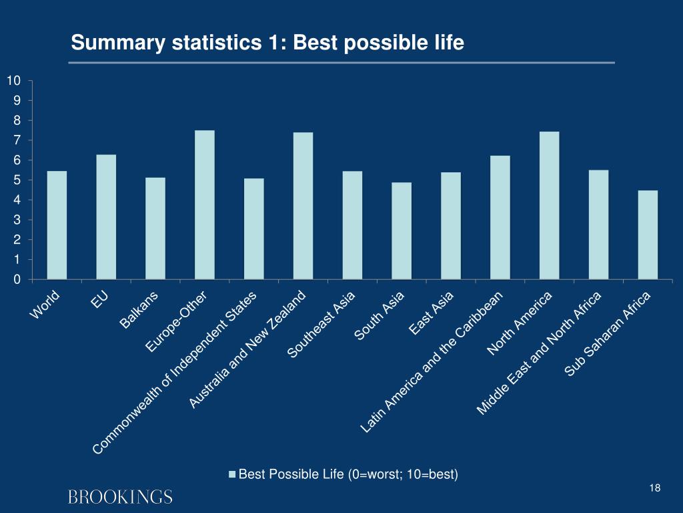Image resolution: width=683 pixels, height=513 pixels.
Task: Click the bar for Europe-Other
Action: [x=204, y=205]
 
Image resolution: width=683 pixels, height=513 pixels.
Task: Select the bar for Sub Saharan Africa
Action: [x=648, y=235]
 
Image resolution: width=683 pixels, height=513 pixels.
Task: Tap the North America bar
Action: [x=549, y=206]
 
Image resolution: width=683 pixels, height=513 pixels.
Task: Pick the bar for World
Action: [x=57, y=225]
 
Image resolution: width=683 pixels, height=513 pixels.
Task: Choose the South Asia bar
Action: [x=402, y=231]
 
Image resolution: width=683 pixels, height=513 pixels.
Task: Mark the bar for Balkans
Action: [x=155, y=228]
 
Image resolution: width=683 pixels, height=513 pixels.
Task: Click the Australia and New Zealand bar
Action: [x=303, y=206]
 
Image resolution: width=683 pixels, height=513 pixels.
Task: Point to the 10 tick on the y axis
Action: [x=14, y=81]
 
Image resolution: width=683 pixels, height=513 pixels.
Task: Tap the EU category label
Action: [x=100, y=301]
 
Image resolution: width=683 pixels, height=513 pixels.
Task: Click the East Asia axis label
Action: [x=432, y=314]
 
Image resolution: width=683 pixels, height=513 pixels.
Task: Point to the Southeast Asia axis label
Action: [x=321, y=325]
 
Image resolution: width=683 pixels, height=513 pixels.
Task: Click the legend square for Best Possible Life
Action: [x=232, y=475]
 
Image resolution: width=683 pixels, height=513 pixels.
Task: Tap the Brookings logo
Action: [x=120, y=497]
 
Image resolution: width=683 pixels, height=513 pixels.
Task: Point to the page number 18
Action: [x=654, y=489]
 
